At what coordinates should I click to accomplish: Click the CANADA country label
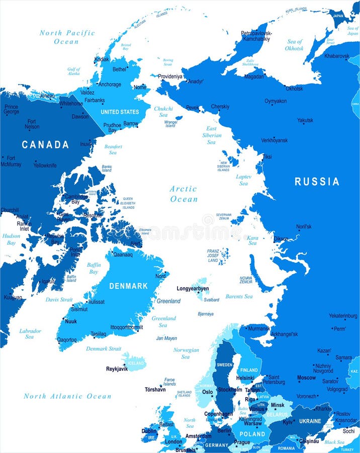[x=45, y=145]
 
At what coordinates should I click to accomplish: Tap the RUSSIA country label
[x=317, y=182]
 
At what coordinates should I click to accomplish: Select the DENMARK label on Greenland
[x=129, y=286]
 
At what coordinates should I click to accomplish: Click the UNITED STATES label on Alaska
[x=120, y=112]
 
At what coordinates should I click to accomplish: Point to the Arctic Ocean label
[x=184, y=194]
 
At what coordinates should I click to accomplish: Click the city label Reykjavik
[x=117, y=369]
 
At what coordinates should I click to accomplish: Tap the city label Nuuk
[x=71, y=321]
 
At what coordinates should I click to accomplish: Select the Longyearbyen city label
[x=193, y=288]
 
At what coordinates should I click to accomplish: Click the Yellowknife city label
[x=45, y=165]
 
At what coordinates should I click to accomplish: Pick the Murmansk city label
[x=259, y=328]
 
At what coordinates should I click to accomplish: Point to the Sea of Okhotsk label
[x=295, y=45]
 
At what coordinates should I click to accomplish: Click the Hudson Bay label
[x=11, y=239]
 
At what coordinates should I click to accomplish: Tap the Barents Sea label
[x=239, y=296]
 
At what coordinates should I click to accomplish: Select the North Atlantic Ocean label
[x=67, y=396]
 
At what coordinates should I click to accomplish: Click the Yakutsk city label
[x=305, y=120]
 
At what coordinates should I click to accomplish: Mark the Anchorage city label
[x=110, y=85]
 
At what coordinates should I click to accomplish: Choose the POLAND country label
[x=252, y=434]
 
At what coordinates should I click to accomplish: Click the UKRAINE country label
[x=310, y=421]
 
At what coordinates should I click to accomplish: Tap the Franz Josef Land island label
[x=213, y=256]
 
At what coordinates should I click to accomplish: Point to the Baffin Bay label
[x=94, y=268]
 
